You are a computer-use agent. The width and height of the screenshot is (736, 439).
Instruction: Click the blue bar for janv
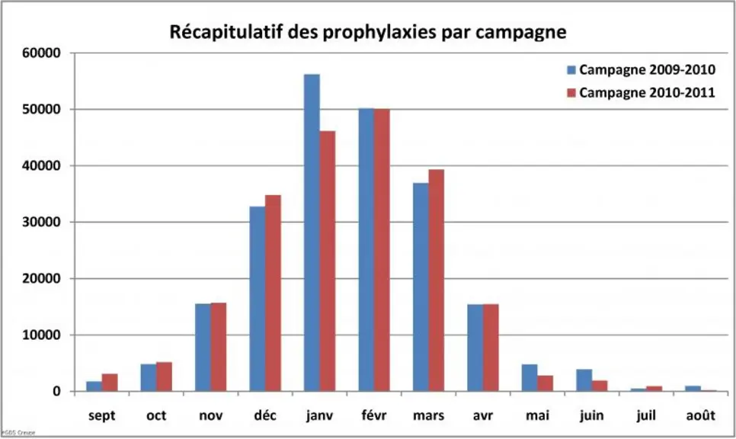click(312, 232)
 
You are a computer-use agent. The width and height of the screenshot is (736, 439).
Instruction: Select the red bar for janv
click(328, 261)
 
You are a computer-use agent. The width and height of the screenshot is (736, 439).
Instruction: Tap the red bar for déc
click(273, 293)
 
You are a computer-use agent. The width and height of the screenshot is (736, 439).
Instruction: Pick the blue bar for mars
click(421, 287)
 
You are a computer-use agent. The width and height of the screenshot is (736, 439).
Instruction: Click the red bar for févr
click(382, 250)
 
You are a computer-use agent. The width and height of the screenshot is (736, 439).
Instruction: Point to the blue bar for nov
click(203, 348)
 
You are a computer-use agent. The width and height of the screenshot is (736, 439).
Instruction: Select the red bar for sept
click(110, 382)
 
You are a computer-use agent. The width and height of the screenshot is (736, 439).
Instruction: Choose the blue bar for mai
click(530, 377)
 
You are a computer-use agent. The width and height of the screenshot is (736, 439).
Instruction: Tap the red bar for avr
click(491, 348)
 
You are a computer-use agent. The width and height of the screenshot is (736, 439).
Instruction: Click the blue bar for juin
click(584, 380)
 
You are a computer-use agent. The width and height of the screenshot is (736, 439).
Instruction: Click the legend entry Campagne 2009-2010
click(642, 70)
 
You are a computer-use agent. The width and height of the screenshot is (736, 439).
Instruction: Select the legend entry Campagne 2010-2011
click(642, 92)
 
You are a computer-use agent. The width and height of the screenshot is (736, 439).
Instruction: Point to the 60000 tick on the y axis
click(41, 53)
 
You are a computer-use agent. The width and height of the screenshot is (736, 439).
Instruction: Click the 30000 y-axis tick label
click(41, 222)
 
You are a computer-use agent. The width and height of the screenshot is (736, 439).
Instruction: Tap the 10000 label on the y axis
click(41, 335)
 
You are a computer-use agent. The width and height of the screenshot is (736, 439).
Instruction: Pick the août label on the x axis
click(701, 415)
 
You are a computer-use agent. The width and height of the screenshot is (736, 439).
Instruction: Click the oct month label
click(156, 415)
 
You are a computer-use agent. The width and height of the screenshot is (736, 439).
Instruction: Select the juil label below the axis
click(646, 415)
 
